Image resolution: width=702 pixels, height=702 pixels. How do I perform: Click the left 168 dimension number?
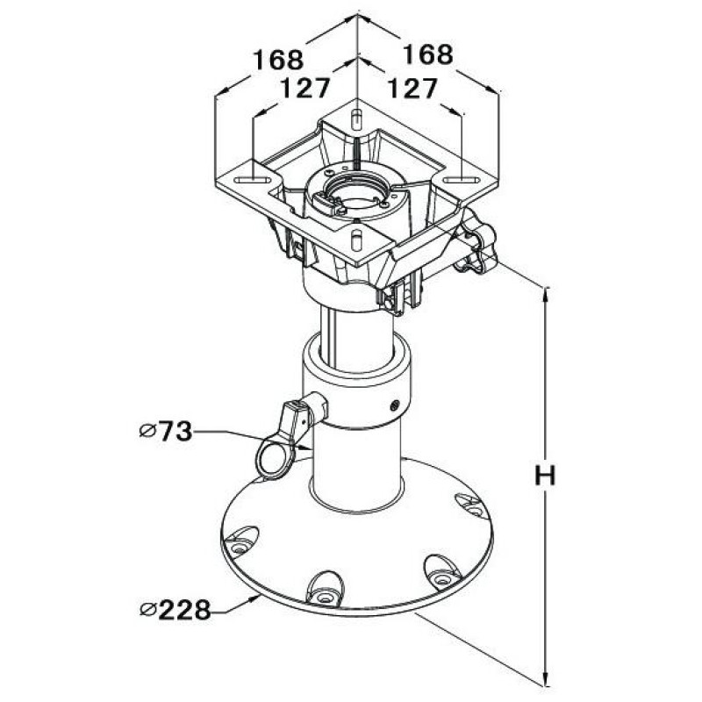pyautogui.click(x=278, y=60)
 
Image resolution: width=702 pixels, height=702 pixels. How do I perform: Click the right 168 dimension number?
pyautogui.click(x=427, y=54)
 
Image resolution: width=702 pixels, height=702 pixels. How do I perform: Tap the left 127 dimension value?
pyautogui.click(x=304, y=88)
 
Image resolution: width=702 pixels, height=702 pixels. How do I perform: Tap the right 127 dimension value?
pyautogui.click(x=412, y=88)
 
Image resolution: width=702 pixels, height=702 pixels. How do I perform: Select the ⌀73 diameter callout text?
pyautogui.click(x=166, y=431)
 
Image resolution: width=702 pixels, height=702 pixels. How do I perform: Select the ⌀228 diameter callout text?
pyautogui.click(x=175, y=609)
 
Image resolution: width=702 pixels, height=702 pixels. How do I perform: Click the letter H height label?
pyautogui.click(x=545, y=476)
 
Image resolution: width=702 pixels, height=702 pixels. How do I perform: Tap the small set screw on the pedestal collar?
pyautogui.click(x=394, y=405)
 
